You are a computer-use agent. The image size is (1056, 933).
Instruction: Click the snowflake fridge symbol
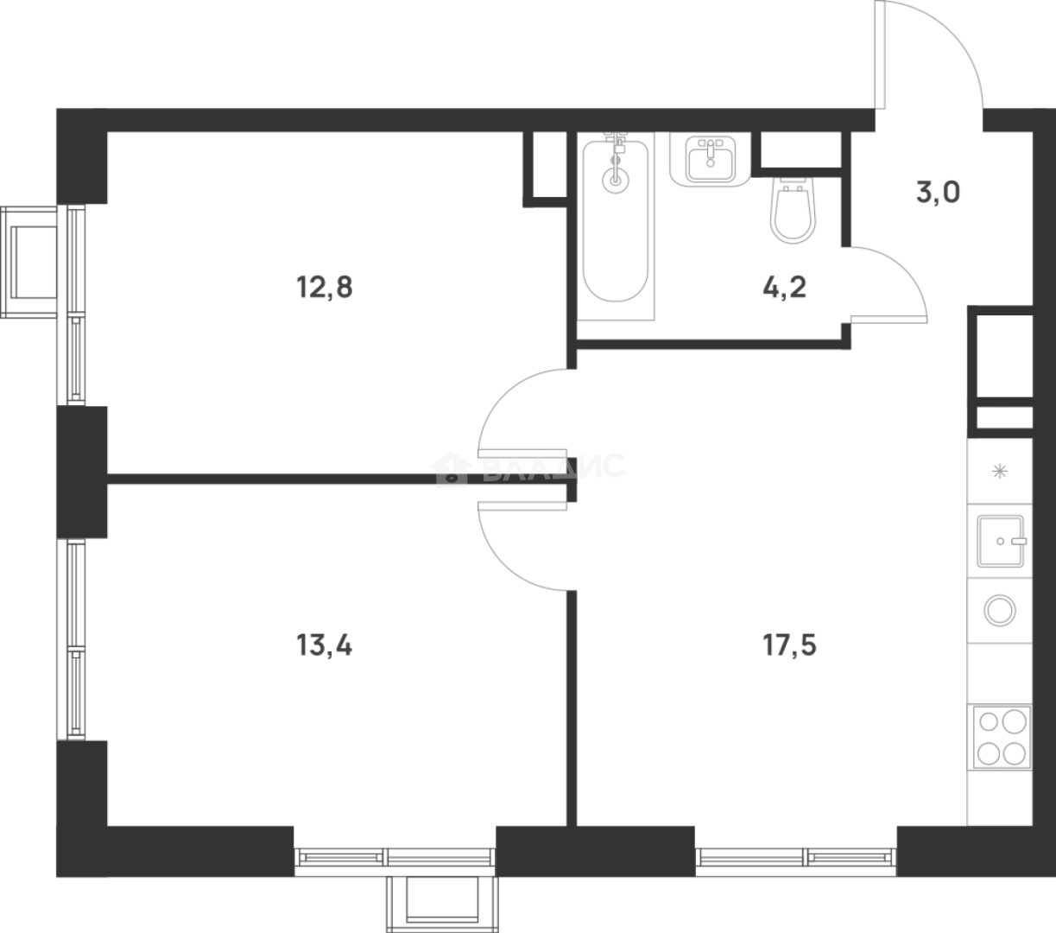tap(999, 471)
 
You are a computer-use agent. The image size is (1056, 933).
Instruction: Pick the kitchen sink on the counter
tap(1000, 542)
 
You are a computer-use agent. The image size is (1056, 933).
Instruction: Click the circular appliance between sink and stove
tap(999, 611)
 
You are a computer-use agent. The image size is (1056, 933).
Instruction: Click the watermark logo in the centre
tap(528, 468)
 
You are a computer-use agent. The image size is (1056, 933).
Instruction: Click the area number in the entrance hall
tap(938, 193)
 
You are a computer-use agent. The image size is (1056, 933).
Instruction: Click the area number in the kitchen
tap(789, 644)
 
